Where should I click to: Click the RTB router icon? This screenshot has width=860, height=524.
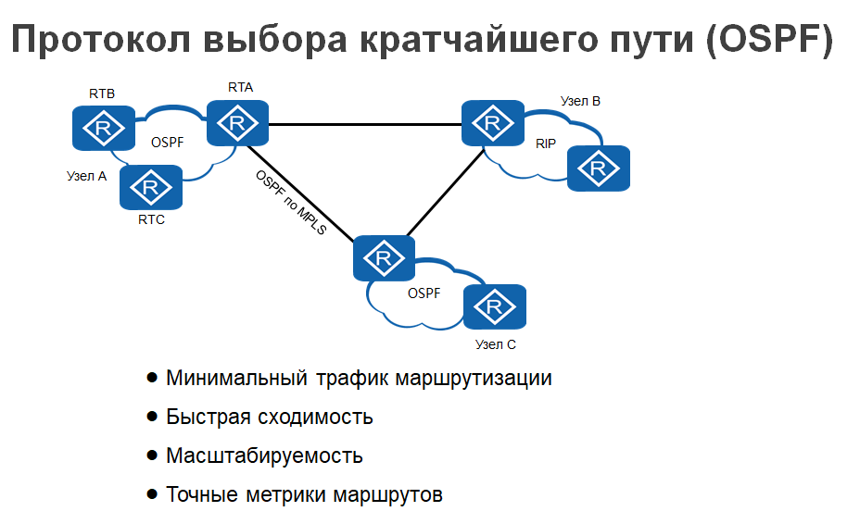tap(103, 126)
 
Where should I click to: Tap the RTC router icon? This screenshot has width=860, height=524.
tap(151, 188)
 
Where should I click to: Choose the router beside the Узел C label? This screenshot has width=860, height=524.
tap(495, 306)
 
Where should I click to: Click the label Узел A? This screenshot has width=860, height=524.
tap(87, 175)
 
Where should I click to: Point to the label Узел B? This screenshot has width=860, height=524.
tap(581, 101)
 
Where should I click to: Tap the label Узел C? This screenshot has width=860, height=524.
tap(496, 344)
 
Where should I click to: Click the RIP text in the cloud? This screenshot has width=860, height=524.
tap(546, 144)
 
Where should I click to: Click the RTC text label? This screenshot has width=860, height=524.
tap(151, 220)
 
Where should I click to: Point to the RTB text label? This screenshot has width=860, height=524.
tap(102, 94)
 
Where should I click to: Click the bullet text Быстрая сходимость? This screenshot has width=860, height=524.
tap(270, 417)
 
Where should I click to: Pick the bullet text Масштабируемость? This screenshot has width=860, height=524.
tap(264, 455)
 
